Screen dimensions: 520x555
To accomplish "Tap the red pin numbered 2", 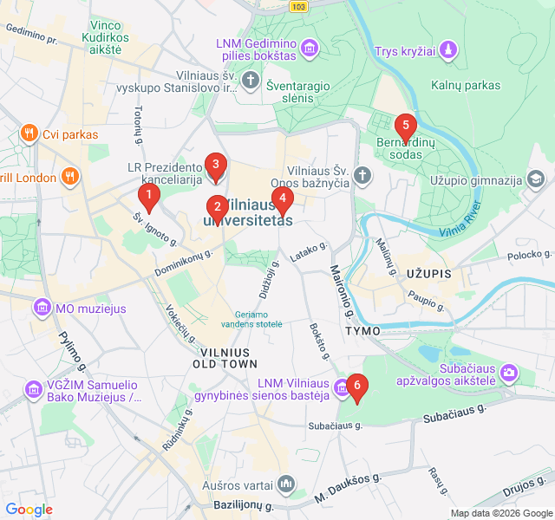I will pyautogui.click(x=217, y=207).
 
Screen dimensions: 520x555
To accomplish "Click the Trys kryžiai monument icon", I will pyautogui.click(x=447, y=51).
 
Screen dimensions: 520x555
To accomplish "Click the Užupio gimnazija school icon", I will pyautogui.click(x=537, y=180).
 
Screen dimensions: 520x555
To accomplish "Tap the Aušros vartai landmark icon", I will pyautogui.click(x=287, y=484).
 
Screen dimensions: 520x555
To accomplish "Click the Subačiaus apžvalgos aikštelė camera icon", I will pyautogui.click(x=508, y=373).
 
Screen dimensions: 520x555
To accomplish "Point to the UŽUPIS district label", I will pyautogui.click(x=428, y=274).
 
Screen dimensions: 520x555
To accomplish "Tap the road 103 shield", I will pyautogui.click(x=299, y=6).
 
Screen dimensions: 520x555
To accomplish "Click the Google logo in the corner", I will pyautogui.click(x=29, y=510).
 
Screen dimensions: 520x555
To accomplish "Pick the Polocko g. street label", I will pyautogui.click(x=529, y=254).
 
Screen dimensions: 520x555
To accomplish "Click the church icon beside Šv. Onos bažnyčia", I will pyautogui.click(x=362, y=176).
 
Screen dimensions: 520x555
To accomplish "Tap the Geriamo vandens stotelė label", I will pyautogui.click(x=258, y=318).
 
